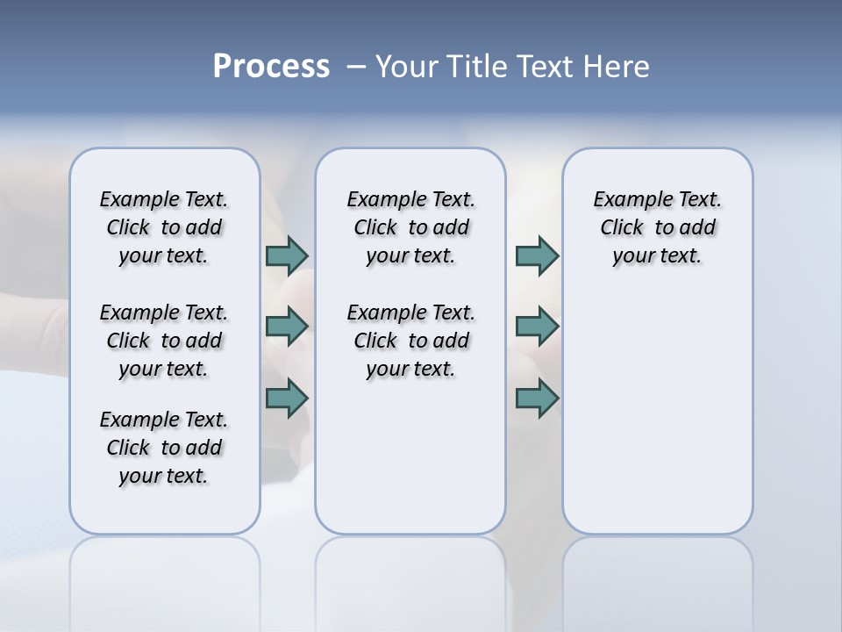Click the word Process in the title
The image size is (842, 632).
[x=271, y=67]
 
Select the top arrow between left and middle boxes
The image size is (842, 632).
[x=287, y=255]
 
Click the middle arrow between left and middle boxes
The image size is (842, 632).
[x=287, y=327]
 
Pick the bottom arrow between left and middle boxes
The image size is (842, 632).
[x=287, y=399]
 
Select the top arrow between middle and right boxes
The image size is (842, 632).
[x=537, y=255]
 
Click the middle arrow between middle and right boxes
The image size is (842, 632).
[x=537, y=327]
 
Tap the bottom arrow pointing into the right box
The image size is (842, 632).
[x=537, y=399]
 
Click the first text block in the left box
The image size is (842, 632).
[x=164, y=227]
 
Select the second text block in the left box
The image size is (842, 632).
[x=164, y=341]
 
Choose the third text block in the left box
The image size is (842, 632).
[x=164, y=448]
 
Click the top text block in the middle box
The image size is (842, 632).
[x=410, y=227]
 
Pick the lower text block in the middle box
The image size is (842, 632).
[x=410, y=341]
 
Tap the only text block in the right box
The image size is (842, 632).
[x=657, y=227]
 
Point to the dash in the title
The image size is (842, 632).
[x=356, y=67]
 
